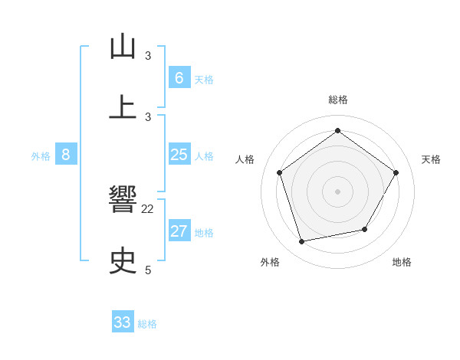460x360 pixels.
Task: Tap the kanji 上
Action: [x=123, y=107]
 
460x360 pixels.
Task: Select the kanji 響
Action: [x=123, y=201]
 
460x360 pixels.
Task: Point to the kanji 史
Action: [x=123, y=261]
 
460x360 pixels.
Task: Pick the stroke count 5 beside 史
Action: [x=148, y=270]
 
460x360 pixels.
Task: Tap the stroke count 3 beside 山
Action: [x=148, y=55]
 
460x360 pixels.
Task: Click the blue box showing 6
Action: [x=179, y=77]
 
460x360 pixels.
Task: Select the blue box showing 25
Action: [x=179, y=155]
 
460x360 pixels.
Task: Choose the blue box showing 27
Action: [x=179, y=231]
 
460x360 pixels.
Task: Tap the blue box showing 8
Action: [x=66, y=155]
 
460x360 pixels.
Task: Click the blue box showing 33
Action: [x=123, y=322]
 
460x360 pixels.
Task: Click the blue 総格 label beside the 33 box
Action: [x=147, y=324]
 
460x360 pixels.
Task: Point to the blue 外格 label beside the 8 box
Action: [x=41, y=156]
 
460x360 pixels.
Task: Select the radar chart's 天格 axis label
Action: [x=431, y=159]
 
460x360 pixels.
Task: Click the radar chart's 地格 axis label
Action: [x=402, y=262]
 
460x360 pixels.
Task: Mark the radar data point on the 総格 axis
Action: [x=337, y=130]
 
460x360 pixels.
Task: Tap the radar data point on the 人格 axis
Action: [x=279, y=172]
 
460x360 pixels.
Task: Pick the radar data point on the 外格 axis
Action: [x=302, y=242]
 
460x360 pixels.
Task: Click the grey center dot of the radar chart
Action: [x=337, y=191]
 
